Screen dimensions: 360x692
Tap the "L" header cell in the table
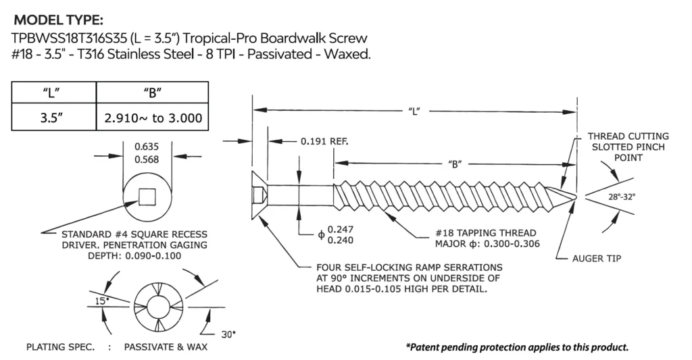click(54, 93)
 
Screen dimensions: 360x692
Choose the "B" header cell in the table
click(153, 93)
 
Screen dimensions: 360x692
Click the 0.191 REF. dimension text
click(324, 141)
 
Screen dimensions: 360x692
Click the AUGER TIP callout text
click(597, 259)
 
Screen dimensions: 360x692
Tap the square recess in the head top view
click(147, 197)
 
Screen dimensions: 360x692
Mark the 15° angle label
click(101, 301)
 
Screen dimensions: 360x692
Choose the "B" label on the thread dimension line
click(454, 164)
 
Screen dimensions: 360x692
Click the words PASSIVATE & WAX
click(166, 347)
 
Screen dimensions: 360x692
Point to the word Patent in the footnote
click(426, 347)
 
